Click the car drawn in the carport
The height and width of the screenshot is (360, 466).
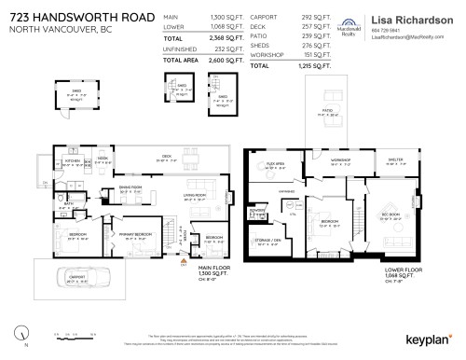click(85, 277)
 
